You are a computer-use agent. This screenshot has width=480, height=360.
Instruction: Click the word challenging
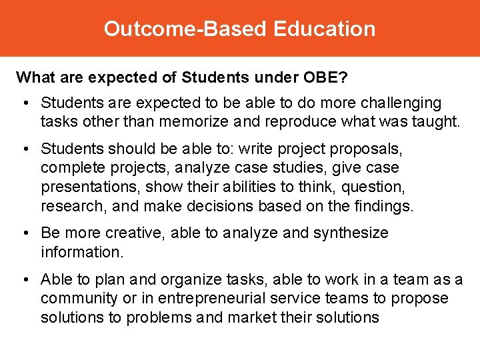pos(401,103)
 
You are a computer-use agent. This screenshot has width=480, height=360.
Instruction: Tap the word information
pos(78,252)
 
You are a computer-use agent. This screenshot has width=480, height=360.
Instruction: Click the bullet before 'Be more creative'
pos(23,233)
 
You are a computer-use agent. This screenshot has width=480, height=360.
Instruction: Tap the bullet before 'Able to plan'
pos(23,280)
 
